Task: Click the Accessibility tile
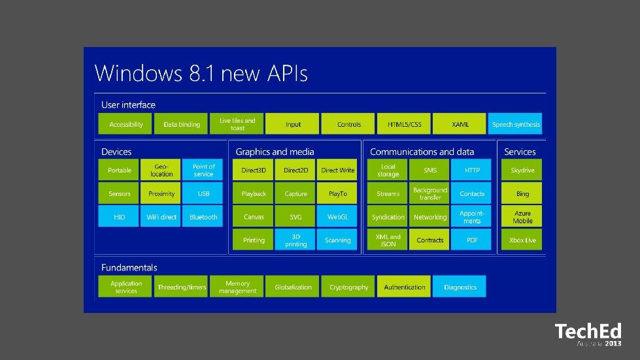pos(126,124)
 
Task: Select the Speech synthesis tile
pos(515,124)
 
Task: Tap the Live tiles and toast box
pos(237,124)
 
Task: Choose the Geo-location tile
pos(161,171)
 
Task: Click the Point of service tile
pos(203,171)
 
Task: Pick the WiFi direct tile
pos(161,217)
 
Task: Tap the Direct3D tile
pos(254,171)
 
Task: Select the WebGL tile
pos(338,217)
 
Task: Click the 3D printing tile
pos(295,240)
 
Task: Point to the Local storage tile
pos(388,171)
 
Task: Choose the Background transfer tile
pos(430,193)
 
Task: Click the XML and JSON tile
pos(388,240)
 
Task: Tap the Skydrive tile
pos(522,171)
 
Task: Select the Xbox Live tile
pos(522,240)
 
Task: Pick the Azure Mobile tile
pos(522,217)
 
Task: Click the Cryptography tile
pos(349,287)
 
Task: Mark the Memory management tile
pos(237,287)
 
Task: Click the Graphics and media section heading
pos(275,152)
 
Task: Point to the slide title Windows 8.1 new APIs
pos(201,73)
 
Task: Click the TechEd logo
pos(588,334)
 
